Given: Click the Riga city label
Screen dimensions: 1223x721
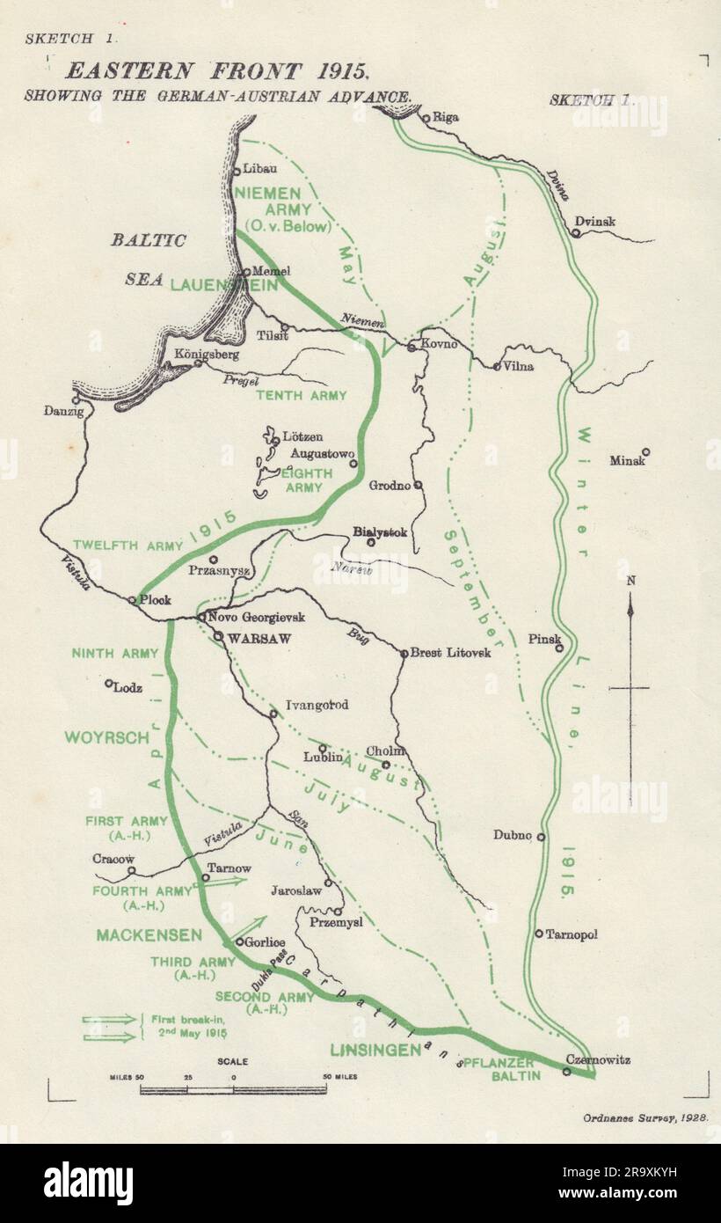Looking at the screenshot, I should click(x=446, y=117).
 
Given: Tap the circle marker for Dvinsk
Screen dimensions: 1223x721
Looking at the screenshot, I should click(x=574, y=233).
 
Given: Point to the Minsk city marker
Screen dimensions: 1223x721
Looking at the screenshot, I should click(x=645, y=452).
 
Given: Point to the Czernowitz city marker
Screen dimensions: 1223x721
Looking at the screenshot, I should click(x=567, y=1072).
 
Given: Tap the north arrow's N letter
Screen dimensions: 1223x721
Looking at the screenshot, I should click(x=632, y=581).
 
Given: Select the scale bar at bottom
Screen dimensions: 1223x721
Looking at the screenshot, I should click(x=233, y=1089).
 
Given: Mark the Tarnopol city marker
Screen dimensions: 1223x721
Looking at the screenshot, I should click(x=539, y=934).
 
